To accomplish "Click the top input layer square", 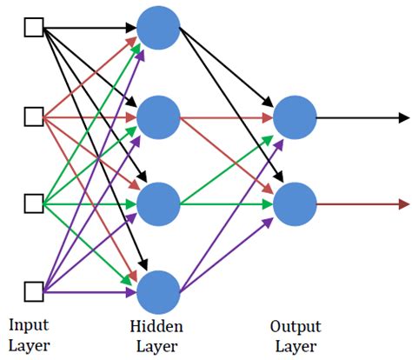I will [x=34, y=28].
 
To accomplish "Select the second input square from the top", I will [x=34, y=116].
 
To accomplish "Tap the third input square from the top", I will [x=34, y=204].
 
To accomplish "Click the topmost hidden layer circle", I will [x=158, y=28].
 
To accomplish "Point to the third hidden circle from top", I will [x=158, y=204].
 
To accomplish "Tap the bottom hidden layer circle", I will [x=158, y=291].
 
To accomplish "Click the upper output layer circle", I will [x=294, y=117].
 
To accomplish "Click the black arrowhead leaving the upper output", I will [x=404, y=117].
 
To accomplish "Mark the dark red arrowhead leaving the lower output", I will [x=404, y=204].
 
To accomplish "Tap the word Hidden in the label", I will [x=158, y=327].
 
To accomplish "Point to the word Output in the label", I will [x=295, y=327].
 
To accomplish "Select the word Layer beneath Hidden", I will [x=158, y=346].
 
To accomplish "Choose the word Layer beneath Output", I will [x=295, y=346].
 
